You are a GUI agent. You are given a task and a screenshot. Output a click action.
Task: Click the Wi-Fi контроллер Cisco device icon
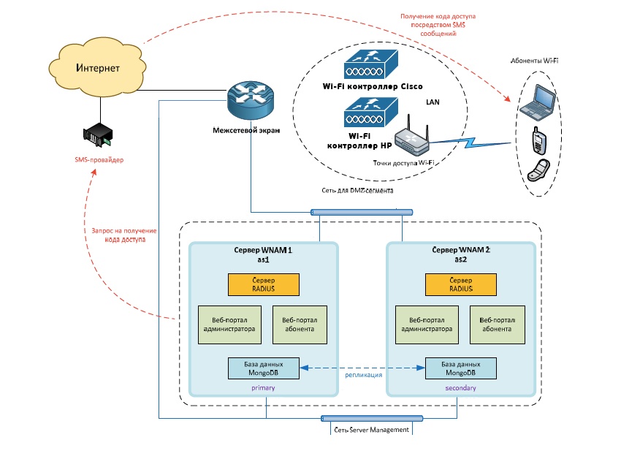[x=372, y=65]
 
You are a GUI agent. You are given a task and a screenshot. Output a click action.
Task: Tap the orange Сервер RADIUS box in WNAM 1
[x=263, y=284]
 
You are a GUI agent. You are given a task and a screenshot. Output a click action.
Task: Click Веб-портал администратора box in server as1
[x=228, y=325]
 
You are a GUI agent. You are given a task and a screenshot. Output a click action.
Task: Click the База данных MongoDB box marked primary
[x=264, y=368]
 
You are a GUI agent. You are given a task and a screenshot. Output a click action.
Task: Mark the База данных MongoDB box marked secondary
[x=461, y=368]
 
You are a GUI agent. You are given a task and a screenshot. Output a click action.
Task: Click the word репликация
[x=363, y=375]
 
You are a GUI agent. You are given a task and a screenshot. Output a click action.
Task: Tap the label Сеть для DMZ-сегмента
[x=357, y=191]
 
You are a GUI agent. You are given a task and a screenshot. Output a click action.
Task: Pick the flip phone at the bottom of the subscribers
[x=539, y=170]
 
